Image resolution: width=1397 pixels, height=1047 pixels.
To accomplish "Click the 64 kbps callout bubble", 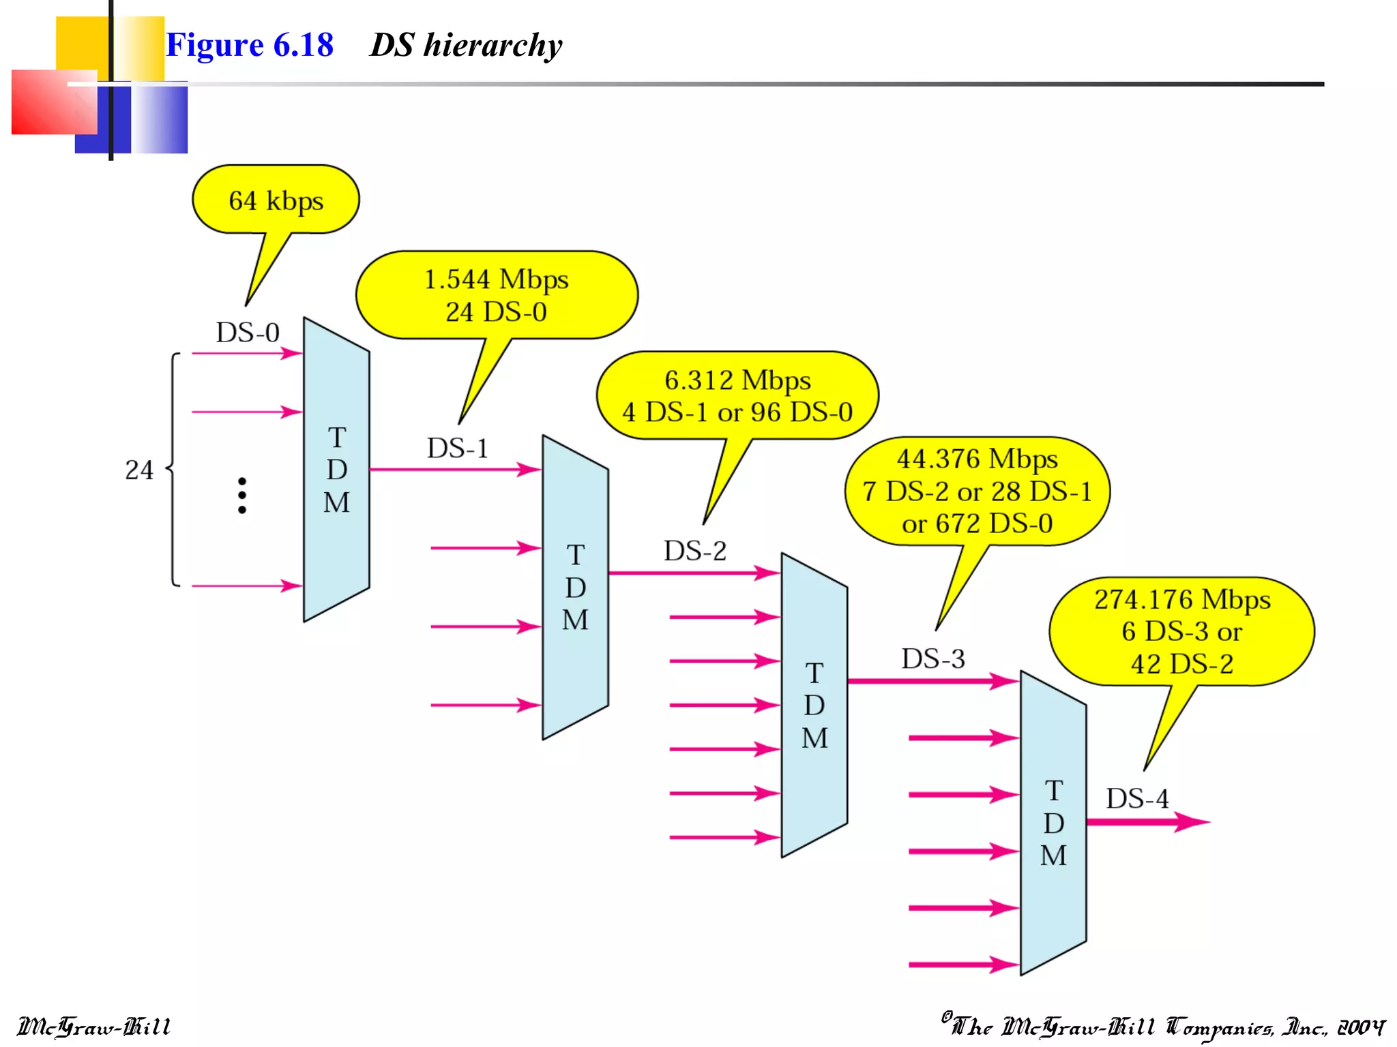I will (276, 200).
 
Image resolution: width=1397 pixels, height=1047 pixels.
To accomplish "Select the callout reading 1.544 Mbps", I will (497, 295).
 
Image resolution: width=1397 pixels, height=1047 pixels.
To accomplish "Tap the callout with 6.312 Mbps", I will (737, 396).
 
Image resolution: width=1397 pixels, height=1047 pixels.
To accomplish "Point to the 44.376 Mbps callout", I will (977, 491).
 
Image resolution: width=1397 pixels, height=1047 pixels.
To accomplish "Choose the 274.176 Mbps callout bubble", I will (1181, 631).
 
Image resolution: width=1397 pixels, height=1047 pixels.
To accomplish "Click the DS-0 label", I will (248, 333).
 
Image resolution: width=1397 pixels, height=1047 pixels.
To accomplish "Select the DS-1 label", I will (458, 449).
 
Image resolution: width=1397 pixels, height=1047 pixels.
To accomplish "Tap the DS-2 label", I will (695, 551).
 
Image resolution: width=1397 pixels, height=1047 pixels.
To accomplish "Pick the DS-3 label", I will (933, 659).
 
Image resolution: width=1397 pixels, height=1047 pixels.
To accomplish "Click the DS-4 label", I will (1137, 799).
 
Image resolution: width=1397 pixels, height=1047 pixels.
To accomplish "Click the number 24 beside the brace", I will (139, 470).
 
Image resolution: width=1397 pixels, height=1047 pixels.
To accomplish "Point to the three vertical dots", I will (242, 496).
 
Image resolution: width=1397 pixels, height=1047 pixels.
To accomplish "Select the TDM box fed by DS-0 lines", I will (336, 470).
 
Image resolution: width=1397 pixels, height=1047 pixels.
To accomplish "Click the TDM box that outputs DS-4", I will (1053, 823).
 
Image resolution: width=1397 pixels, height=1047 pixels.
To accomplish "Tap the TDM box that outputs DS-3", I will (814, 705).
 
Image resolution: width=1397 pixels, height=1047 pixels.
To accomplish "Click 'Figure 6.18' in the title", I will (250, 46).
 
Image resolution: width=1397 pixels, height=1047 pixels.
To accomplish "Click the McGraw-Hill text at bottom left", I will (93, 1027).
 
